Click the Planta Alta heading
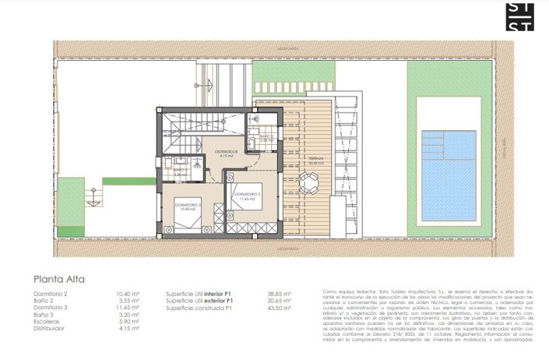(x=59, y=278)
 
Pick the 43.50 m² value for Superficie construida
(x=279, y=308)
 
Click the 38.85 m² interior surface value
(x=279, y=294)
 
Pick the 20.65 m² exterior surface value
(x=279, y=301)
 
